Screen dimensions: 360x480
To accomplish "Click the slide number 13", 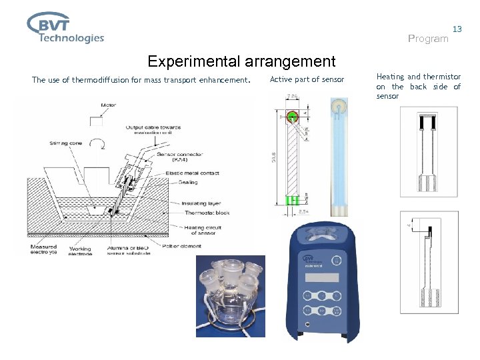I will [x=457, y=29].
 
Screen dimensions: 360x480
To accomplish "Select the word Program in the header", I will [x=428, y=39].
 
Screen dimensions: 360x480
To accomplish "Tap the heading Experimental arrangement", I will [x=241, y=62].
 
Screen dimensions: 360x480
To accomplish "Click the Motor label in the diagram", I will [x=108, y=105].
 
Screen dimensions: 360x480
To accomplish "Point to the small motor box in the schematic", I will [x=101, y=121].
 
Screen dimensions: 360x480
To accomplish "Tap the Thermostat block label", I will [x=207, y=213].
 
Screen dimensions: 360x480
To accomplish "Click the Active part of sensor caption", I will [x=307, y=80].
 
